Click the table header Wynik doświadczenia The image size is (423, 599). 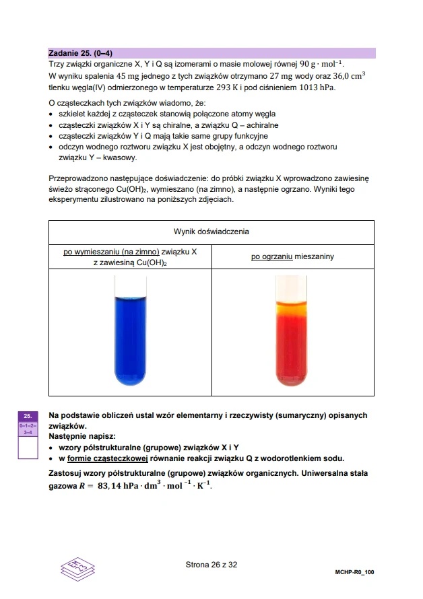point(211,232)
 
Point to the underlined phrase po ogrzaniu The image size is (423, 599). point(271,256)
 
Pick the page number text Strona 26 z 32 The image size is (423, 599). point(211,565)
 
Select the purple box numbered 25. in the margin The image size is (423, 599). point(28,416)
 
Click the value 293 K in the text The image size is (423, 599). point(254,87)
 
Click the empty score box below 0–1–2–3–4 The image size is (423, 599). point(28,448)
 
